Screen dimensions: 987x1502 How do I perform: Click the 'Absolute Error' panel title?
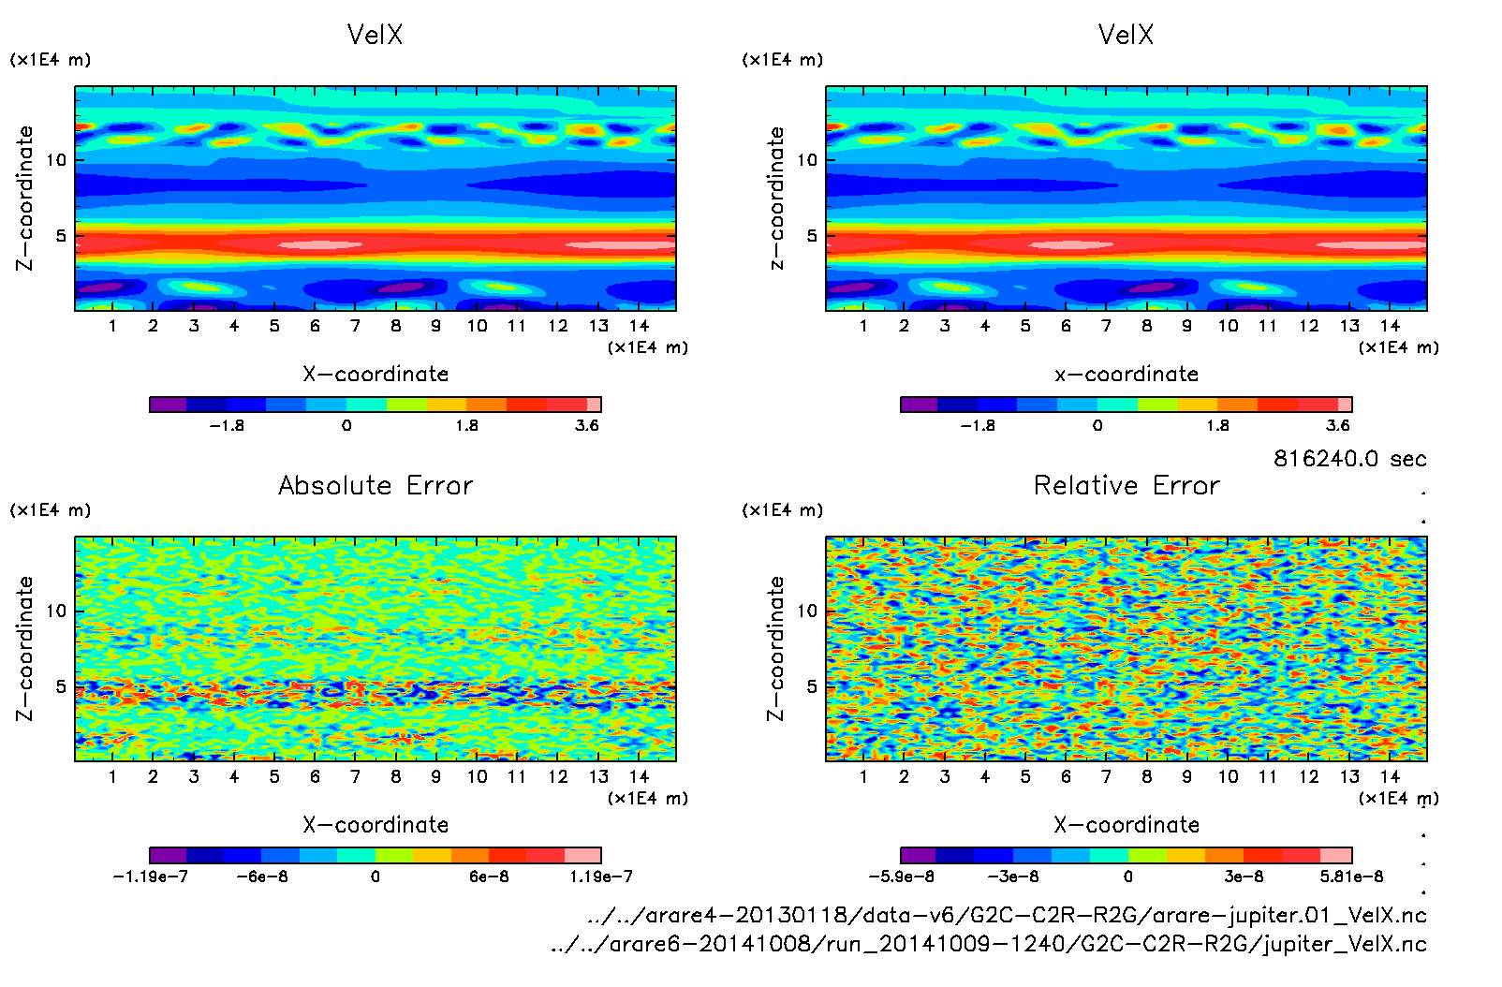pos(375,485)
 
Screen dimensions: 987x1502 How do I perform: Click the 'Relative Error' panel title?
pos(1126,485)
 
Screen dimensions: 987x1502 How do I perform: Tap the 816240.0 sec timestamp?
pos(1349,459)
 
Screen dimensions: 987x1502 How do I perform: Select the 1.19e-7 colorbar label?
pos(600,877)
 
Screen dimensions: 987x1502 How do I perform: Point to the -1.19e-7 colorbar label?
pos(150,877)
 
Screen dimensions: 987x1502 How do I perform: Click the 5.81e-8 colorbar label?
pos(1351,877)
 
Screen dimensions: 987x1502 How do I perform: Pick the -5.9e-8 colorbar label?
pos(901,877)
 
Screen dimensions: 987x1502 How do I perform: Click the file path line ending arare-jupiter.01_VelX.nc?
pos(1007,915)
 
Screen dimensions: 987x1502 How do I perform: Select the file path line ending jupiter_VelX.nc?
pos(989,944)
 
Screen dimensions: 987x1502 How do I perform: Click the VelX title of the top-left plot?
pos(375,35)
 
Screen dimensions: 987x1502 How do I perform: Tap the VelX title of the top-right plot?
pos(1126,35)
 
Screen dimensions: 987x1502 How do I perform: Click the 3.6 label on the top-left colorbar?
pos(587,425)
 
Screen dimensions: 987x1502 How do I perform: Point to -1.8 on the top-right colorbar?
pos(978,425)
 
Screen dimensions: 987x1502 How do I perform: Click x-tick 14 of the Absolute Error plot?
pos(639,776)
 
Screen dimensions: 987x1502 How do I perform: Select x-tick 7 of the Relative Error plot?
pos(1106,776)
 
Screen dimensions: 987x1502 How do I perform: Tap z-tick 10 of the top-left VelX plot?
pos(57,160)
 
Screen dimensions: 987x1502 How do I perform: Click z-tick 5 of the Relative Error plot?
pos(811,686)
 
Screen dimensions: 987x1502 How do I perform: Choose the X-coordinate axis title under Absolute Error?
pos(375,825)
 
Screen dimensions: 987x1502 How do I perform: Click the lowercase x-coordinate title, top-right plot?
pos(1126,375)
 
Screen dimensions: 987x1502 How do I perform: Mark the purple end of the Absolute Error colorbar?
pos(169,855)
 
